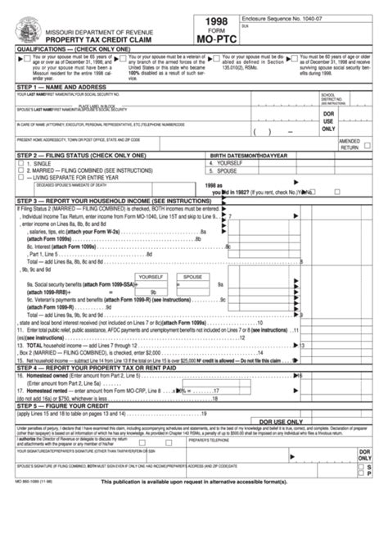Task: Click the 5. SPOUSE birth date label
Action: point(228,170)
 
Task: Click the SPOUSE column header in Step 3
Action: point(193,277)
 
